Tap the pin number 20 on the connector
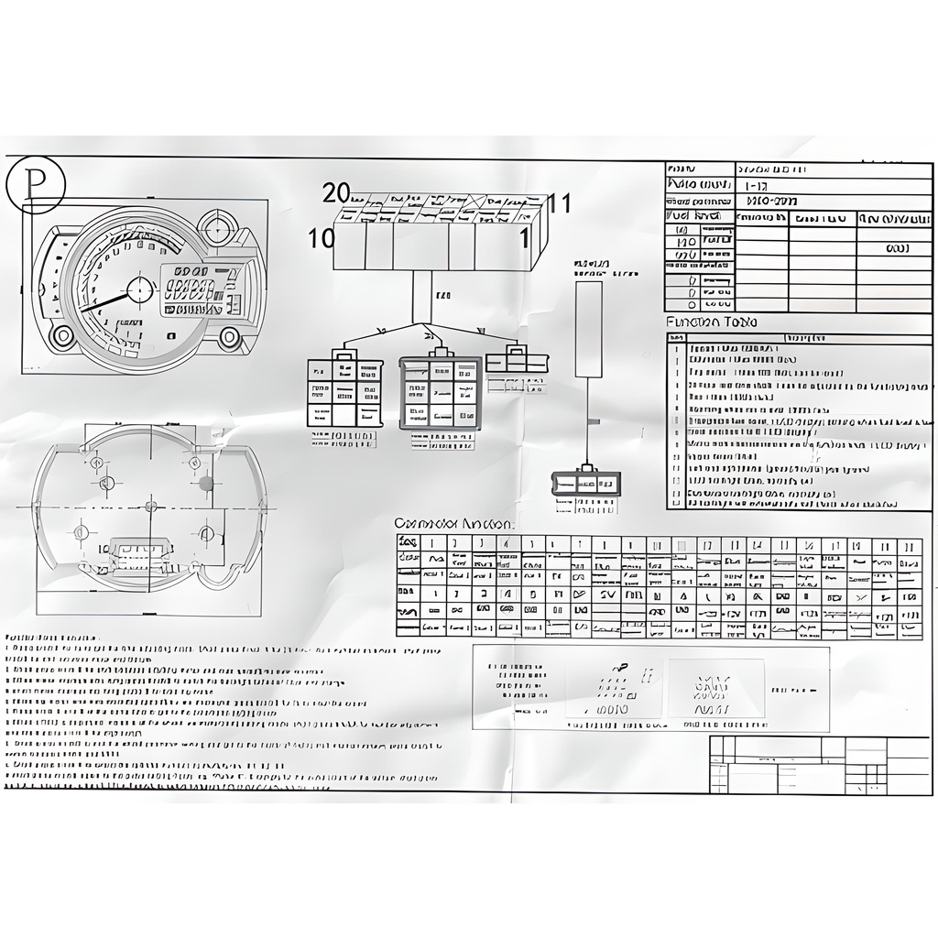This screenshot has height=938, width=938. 336,193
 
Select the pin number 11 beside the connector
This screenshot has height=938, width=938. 560,202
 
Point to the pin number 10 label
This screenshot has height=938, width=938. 322,239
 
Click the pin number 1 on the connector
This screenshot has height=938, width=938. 525,239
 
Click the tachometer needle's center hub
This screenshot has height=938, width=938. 139,289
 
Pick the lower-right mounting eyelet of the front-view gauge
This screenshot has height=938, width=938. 229,337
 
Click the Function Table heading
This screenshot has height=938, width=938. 711,322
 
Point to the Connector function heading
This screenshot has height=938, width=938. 453,523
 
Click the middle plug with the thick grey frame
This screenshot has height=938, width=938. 440,393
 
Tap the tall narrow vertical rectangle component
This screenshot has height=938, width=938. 588,329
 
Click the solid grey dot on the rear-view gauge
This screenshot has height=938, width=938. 206,483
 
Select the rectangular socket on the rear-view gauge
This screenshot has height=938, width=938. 139,552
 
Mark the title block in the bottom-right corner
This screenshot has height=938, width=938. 819,764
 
